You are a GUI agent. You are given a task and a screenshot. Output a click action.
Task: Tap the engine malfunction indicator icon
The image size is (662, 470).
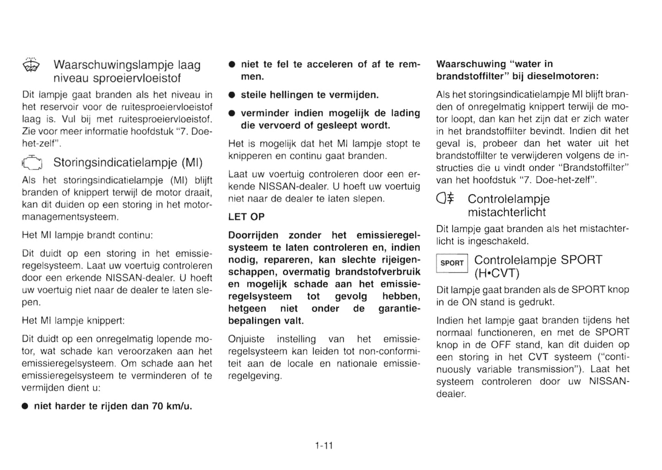[x=32, y=163]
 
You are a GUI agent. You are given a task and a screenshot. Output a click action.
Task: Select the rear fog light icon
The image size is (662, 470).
[x=446, y=198]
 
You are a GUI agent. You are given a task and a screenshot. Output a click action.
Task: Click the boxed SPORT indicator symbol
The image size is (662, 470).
[x=452, y=263]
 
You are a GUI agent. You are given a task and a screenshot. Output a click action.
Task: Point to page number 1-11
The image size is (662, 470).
[x=324, y=445]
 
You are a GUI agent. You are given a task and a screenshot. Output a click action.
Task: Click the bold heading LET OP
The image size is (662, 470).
[x=246, y=217]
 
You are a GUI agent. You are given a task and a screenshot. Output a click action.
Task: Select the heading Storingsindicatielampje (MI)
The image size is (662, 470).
[x=128, y=163]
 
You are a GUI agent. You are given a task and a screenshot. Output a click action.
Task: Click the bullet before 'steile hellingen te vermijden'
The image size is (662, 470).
[x=232, y=95]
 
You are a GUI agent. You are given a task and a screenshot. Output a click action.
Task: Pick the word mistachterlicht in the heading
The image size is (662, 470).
[x=507, y=212]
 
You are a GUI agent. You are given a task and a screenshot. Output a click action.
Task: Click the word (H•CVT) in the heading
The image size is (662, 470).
[x=497, y=273]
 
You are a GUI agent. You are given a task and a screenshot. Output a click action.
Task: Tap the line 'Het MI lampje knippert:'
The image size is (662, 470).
[x=73, y=321]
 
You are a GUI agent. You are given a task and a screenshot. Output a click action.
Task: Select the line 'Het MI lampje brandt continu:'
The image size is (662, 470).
[x=87, y=235]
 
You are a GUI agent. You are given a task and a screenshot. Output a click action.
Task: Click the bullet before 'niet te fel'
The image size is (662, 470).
[x=232, y=65]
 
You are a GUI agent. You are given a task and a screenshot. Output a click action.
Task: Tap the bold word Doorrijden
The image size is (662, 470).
[x=253, y=235]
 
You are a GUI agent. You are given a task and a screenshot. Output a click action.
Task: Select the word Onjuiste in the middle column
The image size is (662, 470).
[x=246, y=339]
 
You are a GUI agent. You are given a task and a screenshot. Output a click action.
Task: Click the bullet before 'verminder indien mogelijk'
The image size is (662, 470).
[x=232, y=113]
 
